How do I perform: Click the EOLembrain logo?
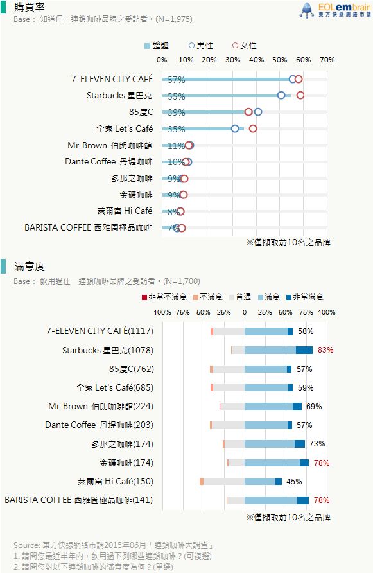[x=335, y=10]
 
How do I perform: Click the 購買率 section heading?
[x=30, y=7]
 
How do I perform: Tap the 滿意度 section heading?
[x=30, y=267]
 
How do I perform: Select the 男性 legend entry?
[x=200, y=46]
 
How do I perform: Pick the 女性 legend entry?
[x=245, y=46]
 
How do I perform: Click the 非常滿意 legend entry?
[x=305, y=296]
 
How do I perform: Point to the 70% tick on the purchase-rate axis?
[x=327, y=60]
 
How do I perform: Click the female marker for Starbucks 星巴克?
[x=300, y=95]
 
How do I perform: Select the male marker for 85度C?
[x=258, y=112]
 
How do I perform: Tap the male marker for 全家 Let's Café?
[x=235, y=128]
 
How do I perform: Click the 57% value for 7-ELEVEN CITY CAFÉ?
[x=177, y=80]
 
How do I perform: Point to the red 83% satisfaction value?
[x=325, y=350]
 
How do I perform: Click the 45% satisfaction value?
[x=294, y=482]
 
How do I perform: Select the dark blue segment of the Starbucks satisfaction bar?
[x=304, y=350]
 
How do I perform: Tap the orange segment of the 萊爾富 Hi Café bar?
[x=202, y=482]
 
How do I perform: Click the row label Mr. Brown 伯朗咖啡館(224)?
[x=101, y=407]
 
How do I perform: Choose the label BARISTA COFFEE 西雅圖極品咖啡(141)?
[x=78, y=500]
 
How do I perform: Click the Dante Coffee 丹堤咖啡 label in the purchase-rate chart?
[x=108, y=161]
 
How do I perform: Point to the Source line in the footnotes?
[x=113, y=545]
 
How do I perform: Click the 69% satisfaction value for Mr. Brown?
[x=314, y=407]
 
